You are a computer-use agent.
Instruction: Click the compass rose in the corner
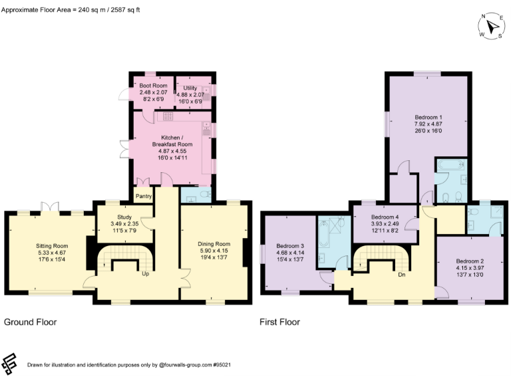(490, 27)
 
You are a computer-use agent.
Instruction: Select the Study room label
(124, 217)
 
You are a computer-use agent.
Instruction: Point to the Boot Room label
(152, 86)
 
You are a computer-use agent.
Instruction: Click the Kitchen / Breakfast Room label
(170, 137)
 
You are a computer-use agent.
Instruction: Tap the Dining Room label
(214, 244)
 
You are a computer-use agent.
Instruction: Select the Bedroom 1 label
(428, 118)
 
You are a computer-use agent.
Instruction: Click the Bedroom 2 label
(470, 261)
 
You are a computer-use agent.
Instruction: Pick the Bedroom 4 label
(385, 217)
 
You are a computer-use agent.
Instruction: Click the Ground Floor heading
(31, 322)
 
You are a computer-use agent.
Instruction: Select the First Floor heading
(279, 322)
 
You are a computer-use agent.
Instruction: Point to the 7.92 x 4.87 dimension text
(428, 124)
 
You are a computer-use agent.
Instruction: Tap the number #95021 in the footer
(220, 364)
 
